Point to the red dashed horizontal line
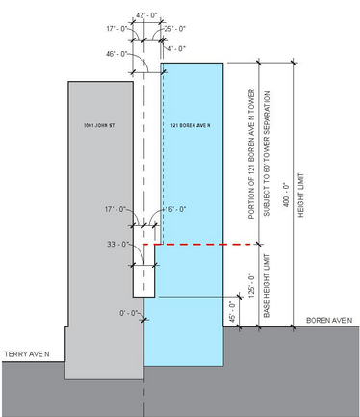193,245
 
